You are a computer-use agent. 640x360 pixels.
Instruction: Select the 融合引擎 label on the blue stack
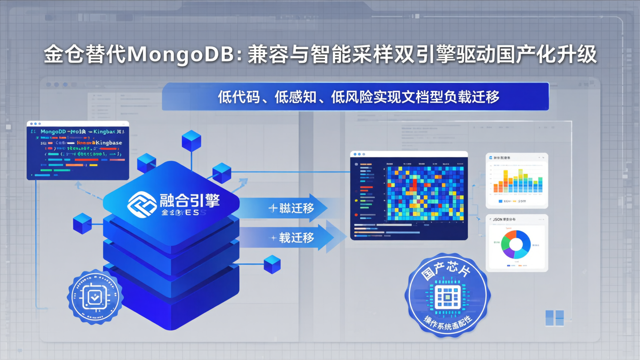coord(190,200)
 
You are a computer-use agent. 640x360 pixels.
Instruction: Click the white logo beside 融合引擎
coord(142,204)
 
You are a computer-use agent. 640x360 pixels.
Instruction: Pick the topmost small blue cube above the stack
coord(191,141)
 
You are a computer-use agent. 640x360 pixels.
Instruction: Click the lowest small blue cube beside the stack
coord(272,264)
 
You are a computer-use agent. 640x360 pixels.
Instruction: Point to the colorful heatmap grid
coord(425,193)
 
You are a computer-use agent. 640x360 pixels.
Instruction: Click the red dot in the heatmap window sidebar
coord(356,215)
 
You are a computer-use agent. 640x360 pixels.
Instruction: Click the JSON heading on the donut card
coord(497,220)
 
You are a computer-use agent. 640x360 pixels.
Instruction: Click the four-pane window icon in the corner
coord(554,318)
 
